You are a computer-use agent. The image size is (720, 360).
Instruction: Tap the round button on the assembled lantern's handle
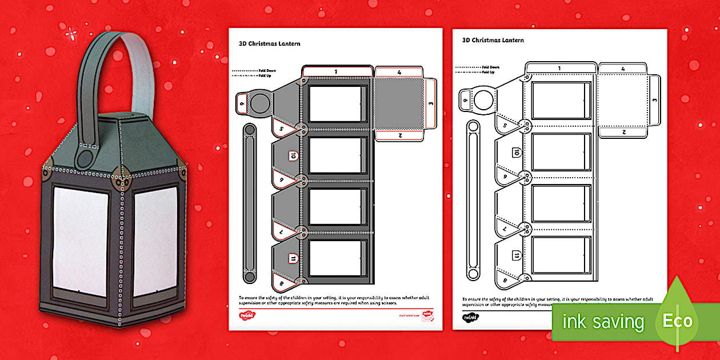click(86, 158)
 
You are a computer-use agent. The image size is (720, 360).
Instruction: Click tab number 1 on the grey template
click(336, 71)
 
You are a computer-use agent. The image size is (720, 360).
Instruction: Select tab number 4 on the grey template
click(399, 73)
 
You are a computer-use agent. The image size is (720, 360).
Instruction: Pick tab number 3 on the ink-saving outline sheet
click(655, 99)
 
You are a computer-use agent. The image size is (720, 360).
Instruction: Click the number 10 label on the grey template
click(292, 155)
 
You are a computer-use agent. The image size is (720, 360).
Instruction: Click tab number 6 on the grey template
click(242, 104)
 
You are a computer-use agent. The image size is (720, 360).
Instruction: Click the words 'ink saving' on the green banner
click(603, 322)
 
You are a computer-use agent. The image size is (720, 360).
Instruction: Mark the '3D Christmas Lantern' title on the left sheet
click(269, 43)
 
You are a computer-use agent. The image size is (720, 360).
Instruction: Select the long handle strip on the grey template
click(250, 203)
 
